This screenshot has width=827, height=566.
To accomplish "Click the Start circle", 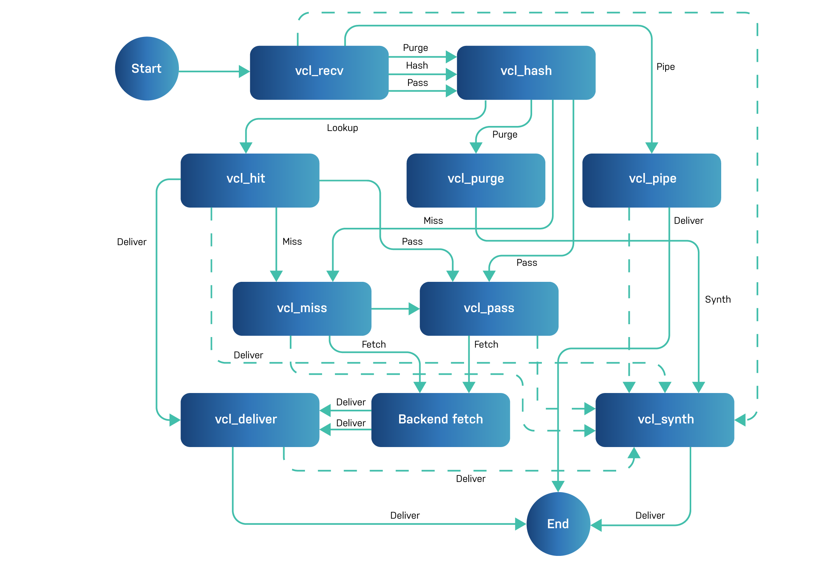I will tap(147, 69).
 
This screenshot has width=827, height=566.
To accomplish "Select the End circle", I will tap(558, 524).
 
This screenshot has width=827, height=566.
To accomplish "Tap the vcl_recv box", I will tap(319, 73).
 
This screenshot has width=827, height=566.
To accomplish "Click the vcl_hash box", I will tap(526, 73).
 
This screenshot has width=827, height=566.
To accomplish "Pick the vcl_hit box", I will tap(250, 180).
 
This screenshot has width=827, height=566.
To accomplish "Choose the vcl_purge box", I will tap(476, 180).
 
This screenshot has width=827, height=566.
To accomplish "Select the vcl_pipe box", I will tap(652, 180).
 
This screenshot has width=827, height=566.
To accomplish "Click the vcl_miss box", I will tap(302, 308).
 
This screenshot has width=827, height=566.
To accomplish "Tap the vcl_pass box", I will tap(489, 308).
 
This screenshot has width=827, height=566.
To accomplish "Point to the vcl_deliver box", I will tap(250, 419).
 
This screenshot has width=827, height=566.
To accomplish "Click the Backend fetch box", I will tap(440, 419).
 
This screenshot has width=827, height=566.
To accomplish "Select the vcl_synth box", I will tap(665, 419).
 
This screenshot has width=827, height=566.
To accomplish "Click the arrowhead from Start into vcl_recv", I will tap(244, 72).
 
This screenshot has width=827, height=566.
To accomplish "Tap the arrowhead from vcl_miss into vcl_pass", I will tap(414, 309).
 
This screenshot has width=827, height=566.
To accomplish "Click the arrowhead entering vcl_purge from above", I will tap(476, 148).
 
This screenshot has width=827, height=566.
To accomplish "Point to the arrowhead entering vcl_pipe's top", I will tap(652, 148).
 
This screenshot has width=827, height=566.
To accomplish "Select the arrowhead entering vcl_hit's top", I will tap(246, 148).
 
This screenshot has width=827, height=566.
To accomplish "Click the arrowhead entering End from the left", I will tap(520, 524).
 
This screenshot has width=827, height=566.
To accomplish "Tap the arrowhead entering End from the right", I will tap(596, 525).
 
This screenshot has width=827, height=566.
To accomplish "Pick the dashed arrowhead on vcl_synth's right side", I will tap(740, 420).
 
